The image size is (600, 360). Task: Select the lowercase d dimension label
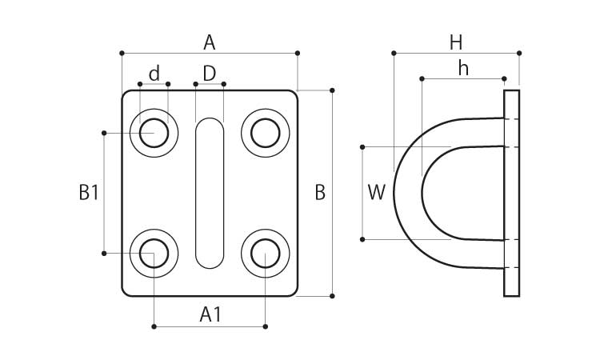click(x=154, y=74)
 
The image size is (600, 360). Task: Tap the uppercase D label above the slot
click(x=210, y=74)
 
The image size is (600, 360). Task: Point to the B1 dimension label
click(x=88, y=193)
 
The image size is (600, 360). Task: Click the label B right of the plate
click(x=320, y=193)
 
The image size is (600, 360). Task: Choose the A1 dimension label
click(x=210, y=314)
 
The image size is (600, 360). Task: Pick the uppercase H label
click(x=456, y=42)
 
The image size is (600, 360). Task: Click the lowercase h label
click(x=463, y=69)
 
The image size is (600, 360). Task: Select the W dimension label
click(x=377, y=193)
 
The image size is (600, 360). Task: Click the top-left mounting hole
click(x=154, y=133)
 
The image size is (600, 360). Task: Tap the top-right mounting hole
click(x=265, y=133)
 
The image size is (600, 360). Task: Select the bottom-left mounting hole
click(x=154, y=254)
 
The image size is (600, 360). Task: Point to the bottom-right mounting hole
click(x=265, y=254)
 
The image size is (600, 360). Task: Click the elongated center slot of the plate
click(x=210, y=193)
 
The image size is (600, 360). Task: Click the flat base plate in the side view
click(x=511, y=193)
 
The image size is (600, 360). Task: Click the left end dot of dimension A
click(x=122, y=53)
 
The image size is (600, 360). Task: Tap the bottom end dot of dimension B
click(x=332, y=296)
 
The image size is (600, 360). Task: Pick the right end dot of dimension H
click(x=519, y=53)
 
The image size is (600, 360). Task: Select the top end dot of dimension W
click(x=362, y=147)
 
